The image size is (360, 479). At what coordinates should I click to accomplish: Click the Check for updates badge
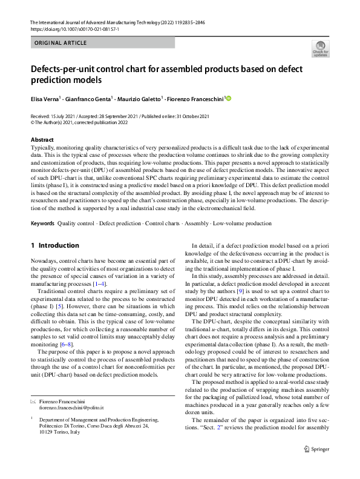click(320, 48)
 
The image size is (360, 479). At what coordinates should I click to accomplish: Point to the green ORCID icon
click(229, 98)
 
